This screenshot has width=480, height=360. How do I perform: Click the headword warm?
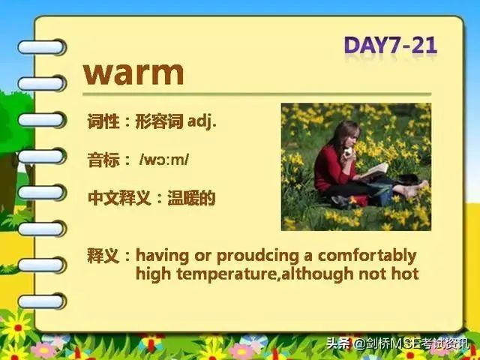[x=133, y=73]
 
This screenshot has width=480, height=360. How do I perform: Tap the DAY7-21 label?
[x=391, y=46]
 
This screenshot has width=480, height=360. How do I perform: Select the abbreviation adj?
[x=202, y=121]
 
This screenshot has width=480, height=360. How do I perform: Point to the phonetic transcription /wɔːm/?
[x=164, y=160]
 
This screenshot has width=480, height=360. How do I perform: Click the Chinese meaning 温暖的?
[x=192, y=198]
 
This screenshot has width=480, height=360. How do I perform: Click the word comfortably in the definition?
[x=367, y=256]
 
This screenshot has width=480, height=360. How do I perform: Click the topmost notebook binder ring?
[x=42, y=47]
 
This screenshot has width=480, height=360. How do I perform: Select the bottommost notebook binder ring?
[x=42, y=301]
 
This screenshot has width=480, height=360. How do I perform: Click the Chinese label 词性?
[x=103, y=121]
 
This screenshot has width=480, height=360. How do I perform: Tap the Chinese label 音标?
[x=103, y=160]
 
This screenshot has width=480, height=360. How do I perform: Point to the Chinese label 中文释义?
[x=119, y=198]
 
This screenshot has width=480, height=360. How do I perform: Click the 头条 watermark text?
[x=338, y=343]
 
